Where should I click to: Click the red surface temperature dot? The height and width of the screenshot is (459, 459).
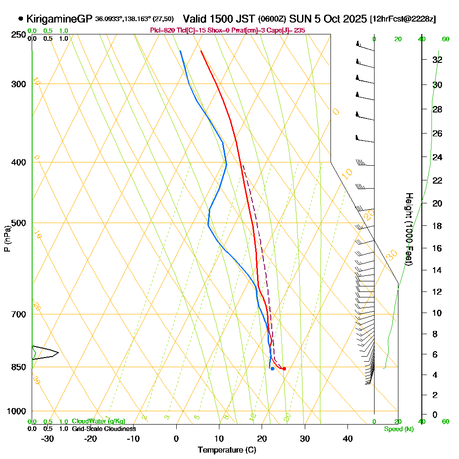[284, 369]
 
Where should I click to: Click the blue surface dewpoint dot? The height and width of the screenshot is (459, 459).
[273, 369]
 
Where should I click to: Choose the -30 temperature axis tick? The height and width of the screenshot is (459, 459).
[48, 438]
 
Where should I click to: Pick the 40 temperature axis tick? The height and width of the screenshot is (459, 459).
[347, 438]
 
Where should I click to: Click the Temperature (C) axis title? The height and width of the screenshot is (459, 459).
[227, 450]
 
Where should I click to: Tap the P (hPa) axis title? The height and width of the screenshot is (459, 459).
[7, 239]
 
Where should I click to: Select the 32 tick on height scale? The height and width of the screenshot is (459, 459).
[437, 60]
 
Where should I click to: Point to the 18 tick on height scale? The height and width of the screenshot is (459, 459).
[437, 226]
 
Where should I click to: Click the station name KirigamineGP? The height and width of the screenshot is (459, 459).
[59, 19]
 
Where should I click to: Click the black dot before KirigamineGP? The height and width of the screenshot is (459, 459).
[21, 19]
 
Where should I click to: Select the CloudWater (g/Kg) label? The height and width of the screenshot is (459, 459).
[98, 421]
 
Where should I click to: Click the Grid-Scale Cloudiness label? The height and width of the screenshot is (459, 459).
[103, 429]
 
